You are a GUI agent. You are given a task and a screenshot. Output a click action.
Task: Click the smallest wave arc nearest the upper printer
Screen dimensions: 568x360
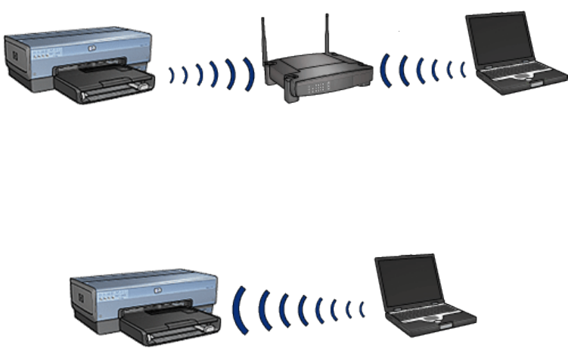click(x=172, y=74)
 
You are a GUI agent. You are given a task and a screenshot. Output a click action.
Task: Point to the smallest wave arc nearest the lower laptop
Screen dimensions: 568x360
click(x=362, y=309)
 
